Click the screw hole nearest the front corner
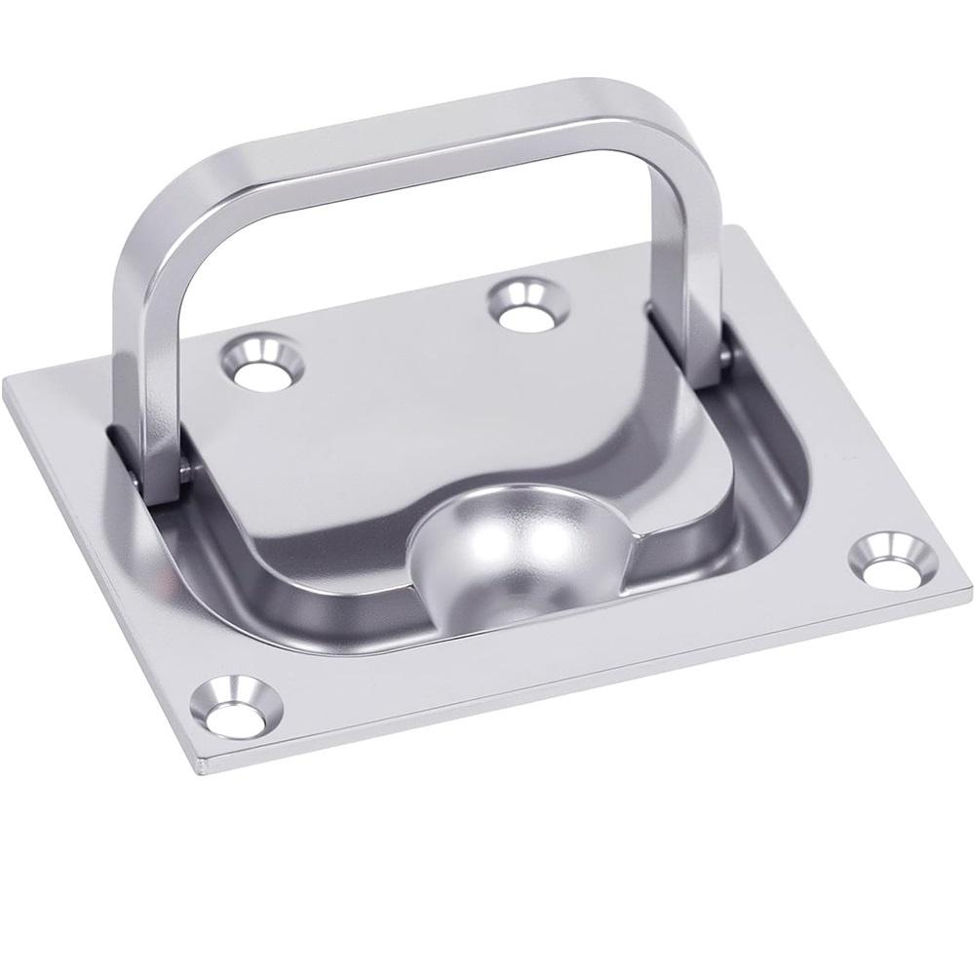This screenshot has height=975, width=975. (x=238, y=706)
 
